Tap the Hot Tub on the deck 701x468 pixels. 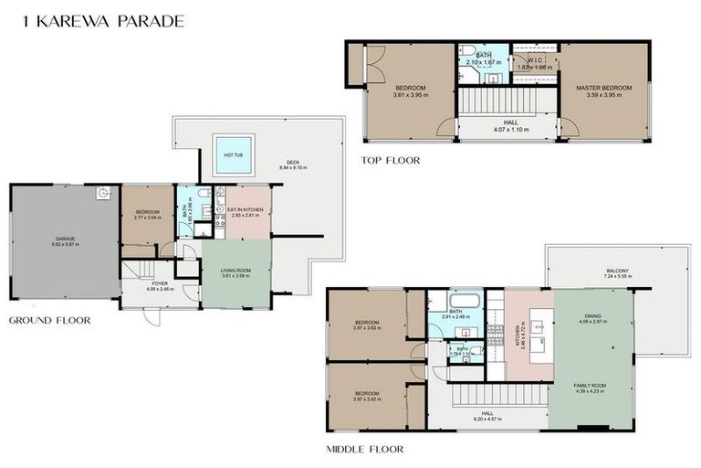[233, 154]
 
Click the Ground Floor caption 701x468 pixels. [50, 321]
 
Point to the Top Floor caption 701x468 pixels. [390, 160]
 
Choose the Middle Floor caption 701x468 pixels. [365, 449]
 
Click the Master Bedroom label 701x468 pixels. [604, 88]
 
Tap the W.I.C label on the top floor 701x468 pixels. [534, 62]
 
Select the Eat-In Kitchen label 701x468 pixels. [246, 209]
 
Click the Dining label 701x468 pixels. [592, 317]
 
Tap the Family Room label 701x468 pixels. [592, 387]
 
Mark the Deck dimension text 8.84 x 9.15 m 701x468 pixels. [293, 168]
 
